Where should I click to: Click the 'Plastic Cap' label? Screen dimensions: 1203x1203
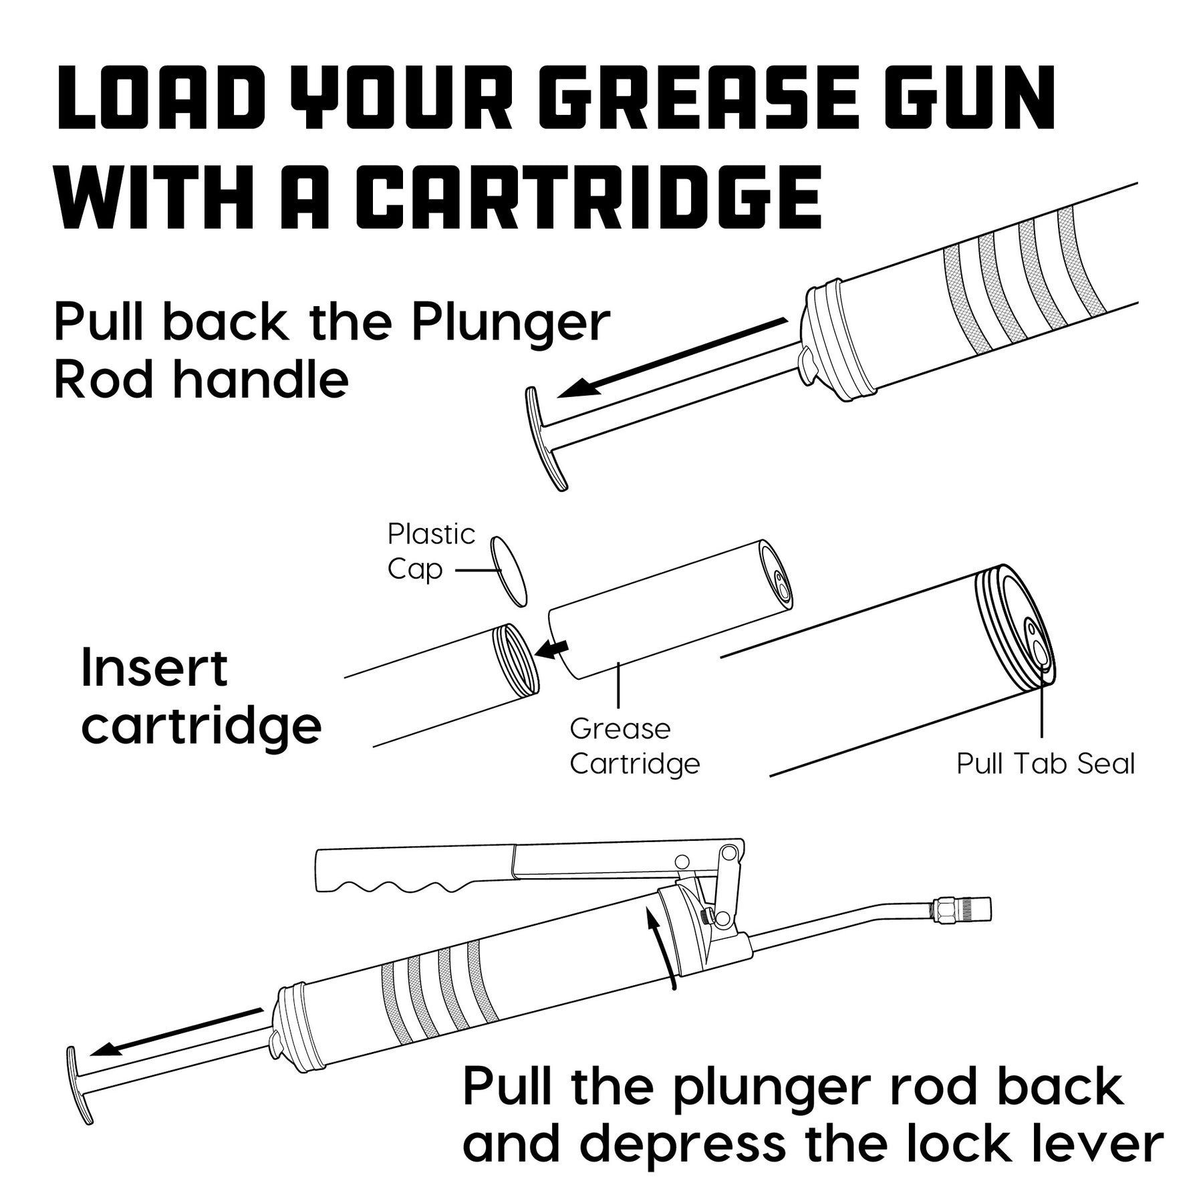click(x=430, y=552)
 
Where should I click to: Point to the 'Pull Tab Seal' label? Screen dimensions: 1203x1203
click(x=1045, y=763)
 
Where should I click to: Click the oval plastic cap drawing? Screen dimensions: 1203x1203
click(x=509, y=571)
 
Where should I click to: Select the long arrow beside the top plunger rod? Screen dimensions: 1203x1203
click(x=668, y=358)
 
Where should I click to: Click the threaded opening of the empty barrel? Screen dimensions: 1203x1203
click(x=516, y=659)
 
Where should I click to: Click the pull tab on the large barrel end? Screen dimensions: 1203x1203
click(x=1038, y=643)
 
